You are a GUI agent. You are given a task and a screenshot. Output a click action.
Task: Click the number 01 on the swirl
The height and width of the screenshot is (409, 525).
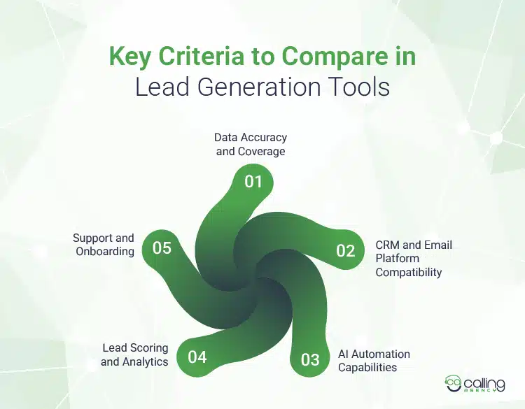tap(253, 182)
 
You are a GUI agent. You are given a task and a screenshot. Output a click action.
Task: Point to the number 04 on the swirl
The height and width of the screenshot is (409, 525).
tap(197, 357)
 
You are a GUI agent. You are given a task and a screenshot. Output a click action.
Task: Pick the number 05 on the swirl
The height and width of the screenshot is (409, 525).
tap(162, 247)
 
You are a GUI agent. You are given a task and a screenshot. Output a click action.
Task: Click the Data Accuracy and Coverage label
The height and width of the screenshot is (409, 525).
tap(251, 144)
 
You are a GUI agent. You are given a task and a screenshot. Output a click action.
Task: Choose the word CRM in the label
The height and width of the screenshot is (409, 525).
tap(389, 245)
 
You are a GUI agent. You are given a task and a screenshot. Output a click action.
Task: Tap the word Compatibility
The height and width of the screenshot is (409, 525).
tap(409, 272)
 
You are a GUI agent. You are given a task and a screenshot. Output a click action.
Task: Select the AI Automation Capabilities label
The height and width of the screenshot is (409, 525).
tap(374, 360)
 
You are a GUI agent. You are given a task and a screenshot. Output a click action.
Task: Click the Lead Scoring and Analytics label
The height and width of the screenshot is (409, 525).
tap(134, 354)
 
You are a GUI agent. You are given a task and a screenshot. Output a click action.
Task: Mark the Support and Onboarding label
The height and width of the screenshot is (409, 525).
tap(104, 245)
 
